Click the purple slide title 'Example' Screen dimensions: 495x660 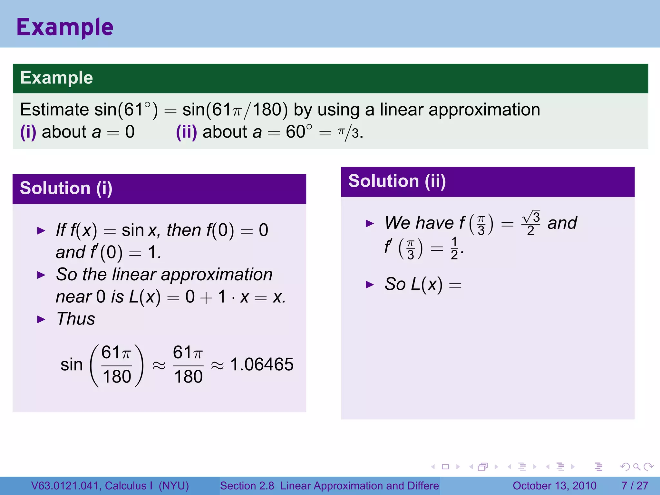click(x=65, y=27)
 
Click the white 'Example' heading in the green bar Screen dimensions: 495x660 click(x=56, y=78)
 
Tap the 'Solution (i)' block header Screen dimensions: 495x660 click(x=66, y=188)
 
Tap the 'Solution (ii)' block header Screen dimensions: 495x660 click(x=397, y=181)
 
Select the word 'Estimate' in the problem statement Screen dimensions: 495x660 click(x=54, y=110)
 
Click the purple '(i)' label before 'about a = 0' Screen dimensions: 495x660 click(x=28, y=132)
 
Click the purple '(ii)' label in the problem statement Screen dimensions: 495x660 click(x=186, y=132)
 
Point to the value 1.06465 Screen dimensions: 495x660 click(x=262, y=364)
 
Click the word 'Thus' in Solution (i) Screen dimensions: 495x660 click(x=76, y=319)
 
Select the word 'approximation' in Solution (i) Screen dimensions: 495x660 click(x=217, y=275)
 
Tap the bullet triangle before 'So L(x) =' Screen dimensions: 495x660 click(x=370, y=285)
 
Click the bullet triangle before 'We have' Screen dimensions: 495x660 click(x=370, y=223)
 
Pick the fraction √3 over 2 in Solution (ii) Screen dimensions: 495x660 click(x=530, y=223)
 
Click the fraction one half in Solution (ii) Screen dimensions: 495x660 click(x=454, y=248)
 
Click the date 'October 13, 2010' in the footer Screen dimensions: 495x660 click(x=554, y=486)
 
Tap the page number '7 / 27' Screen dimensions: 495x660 click(x=635, y=486)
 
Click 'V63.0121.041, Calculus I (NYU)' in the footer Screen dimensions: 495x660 click(x=110, y=486)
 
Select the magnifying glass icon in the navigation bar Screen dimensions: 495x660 click(x=636, y=467)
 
